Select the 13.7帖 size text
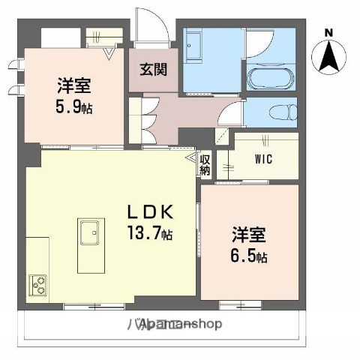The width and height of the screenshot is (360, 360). [149, 234]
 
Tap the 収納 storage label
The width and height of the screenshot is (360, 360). [205, 164]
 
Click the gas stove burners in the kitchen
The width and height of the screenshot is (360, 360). [38, 286]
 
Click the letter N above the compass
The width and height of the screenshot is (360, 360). [328, 32]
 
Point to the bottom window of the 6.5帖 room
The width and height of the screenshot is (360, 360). [239, 304]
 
